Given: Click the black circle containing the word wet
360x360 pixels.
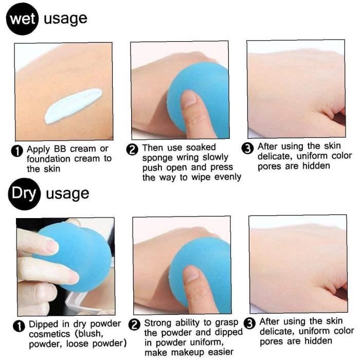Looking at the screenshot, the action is click(22, 19).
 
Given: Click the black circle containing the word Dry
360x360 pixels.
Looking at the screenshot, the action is click(24, 194).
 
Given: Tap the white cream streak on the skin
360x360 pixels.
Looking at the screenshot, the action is click(73, 106).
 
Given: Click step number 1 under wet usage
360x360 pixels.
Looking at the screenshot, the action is click(17, 151).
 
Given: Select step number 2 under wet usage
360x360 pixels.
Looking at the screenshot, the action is click(132, 150).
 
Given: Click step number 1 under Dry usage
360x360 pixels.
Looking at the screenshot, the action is click(19, 326).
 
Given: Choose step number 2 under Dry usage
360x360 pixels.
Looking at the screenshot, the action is click(134, 325).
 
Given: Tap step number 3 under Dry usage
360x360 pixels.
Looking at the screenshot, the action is click(249, 323).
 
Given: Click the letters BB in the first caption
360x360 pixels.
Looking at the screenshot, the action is click(60, 149).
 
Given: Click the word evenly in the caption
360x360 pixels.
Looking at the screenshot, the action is click(228, 177).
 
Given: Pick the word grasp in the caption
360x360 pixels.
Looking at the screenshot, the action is click(227, 323).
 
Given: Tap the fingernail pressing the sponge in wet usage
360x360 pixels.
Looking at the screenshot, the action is click(189, 99).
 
